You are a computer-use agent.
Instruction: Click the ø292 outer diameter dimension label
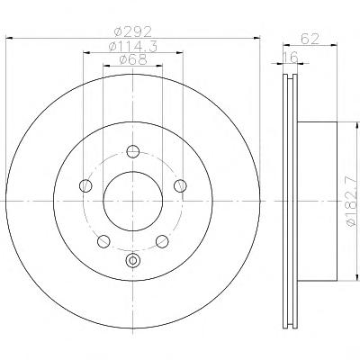coord(133,31)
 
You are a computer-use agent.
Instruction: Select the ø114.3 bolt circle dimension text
coord(133,47)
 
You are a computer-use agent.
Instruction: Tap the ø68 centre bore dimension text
coord(133,59)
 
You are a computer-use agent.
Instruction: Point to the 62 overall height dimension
coord(310,39)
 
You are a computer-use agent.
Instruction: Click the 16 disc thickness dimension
coord(290,57)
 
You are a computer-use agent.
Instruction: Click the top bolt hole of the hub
coord(133,151)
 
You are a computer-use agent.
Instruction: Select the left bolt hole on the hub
coord(85,185)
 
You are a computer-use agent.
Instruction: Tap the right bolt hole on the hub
coord(180,185)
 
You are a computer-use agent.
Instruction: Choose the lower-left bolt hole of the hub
coord(103,241)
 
